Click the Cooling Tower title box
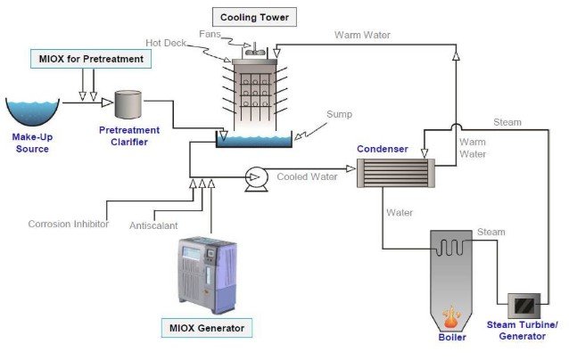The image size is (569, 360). [x=256, y=16]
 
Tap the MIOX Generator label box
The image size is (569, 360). [x=206, y=329]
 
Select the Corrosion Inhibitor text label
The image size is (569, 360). [x=69, y=224]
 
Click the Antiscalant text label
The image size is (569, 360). [x=157, y=225]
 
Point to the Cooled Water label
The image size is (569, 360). [x=307, y=177]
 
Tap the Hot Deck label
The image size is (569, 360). [x=166, y=43]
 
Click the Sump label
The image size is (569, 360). [x=339, y=114]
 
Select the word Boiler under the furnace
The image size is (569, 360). [x=452, y=338]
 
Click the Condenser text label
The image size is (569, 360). [x=383, y=148]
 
